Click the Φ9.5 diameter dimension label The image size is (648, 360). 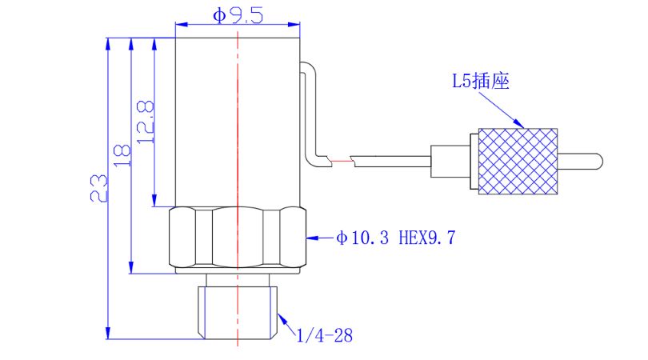click(x=238, y=15)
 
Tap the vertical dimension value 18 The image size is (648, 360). click(x=122, y=155)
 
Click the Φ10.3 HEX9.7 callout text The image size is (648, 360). click(x=395, y=238)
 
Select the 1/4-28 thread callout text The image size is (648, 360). click(x=324, y=335)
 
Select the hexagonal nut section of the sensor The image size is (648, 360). click(x=238, y=238)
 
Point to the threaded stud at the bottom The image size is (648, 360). click(x=238, y=307)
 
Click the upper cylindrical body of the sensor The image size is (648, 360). click(x=238, y=120)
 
